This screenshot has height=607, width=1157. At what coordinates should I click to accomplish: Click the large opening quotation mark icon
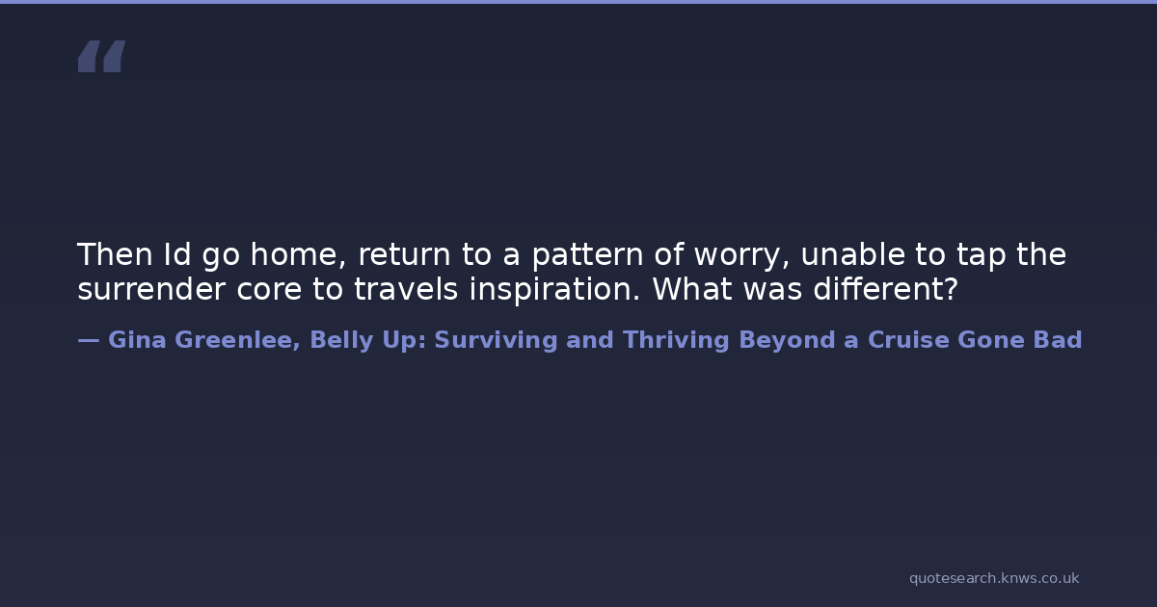click(102, 56)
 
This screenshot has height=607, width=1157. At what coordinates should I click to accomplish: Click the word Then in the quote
click(115, 254)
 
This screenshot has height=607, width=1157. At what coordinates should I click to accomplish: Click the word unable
click(852, 254)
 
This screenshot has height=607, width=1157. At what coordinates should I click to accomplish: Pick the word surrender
click(151, 289)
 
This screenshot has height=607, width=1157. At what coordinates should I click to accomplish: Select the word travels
click(406, 289)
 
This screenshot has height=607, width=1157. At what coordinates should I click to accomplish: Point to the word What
click(692, 289)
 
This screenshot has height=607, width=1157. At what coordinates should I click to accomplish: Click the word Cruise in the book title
click(908, 340)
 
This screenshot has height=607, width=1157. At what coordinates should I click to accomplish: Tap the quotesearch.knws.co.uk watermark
click(994, 579)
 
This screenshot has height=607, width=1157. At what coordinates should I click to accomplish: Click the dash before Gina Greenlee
click(89, 341)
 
